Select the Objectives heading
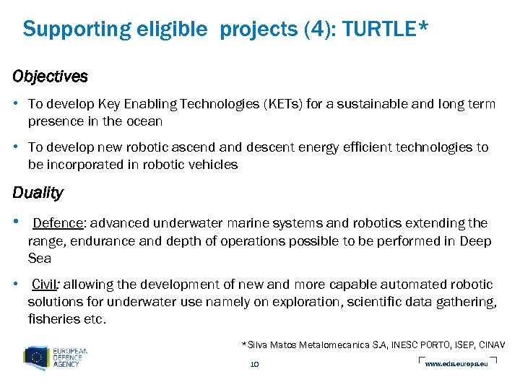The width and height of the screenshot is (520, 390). pyautogui.click(x=50, y=76)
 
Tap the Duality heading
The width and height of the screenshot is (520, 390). pyautogui.click(x=38, y=193)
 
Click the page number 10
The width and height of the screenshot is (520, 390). pyautogui.click(x=254, y=364)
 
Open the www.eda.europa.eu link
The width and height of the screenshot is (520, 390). pyautogui.click(x=456, y=363)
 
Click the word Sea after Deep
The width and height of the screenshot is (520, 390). pyautogui.click(x=40, y=258)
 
